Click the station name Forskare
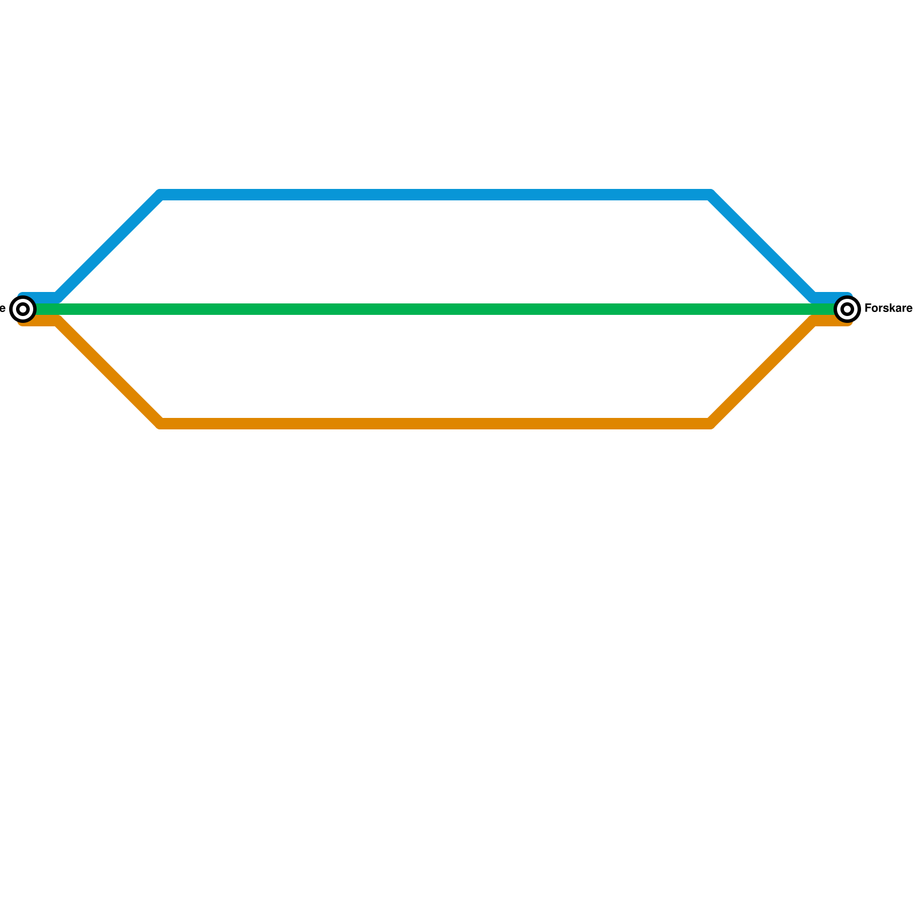click(888, 309)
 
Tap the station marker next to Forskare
click(847, 309)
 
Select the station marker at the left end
click(23, 309)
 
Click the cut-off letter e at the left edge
click(2, 309)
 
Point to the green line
click(435, 310)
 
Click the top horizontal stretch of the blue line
click(435, 195)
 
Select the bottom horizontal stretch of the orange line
click(435, 424)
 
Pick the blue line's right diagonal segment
click(761, 246)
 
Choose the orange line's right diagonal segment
click(761, 372)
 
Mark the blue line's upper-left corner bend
click(161, 195)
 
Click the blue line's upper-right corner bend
click(710, 195)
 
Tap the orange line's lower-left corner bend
click(161, 424)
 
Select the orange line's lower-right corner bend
click(710, 424)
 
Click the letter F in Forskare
click(868, 309)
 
